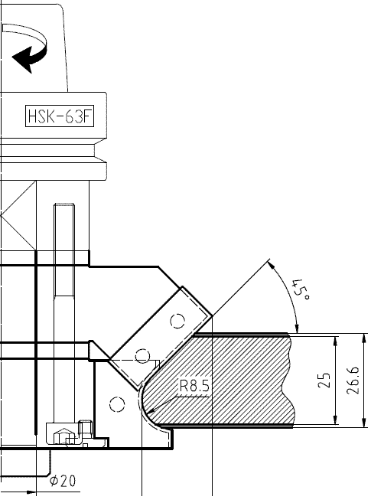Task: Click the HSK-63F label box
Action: tap(60, 116)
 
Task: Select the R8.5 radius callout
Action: tap(194, 385)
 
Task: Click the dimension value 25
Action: tap(324, 381)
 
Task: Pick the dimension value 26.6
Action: tap(353, 381)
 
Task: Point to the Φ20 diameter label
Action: tap(63, 481)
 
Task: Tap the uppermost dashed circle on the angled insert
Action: tap(177, 321)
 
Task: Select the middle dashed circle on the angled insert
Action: tap(142, 356)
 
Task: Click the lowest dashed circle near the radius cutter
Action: tap(117, 404)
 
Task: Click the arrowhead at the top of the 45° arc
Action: tap(271, 265)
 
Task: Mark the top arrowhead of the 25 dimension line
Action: tap(336, 341)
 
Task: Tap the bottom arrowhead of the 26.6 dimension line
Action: tap(364, 423)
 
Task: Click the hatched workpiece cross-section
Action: tap(224, 381)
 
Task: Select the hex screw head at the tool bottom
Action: tap(63, 436)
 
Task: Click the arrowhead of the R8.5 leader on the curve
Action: tap(153, 410)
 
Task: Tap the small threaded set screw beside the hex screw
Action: tap(86, 427)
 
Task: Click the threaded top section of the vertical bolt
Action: tap(64, 250)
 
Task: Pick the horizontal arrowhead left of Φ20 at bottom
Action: tap(31, 492)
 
